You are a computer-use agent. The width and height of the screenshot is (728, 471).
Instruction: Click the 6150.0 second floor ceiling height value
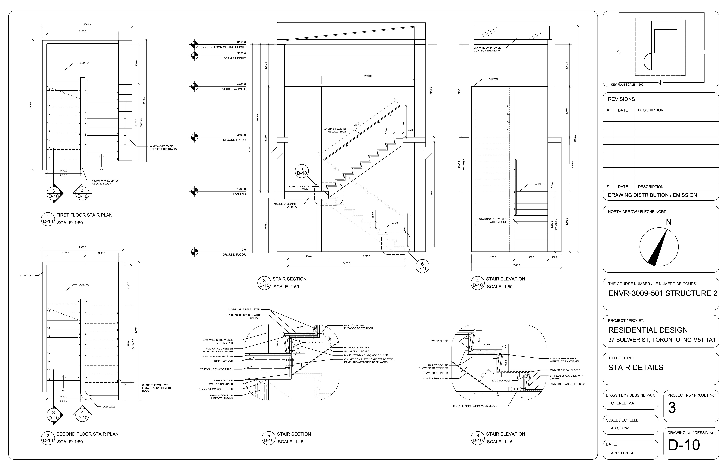coord(241,42)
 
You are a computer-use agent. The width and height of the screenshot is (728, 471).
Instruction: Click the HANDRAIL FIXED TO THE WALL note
coord(334,130)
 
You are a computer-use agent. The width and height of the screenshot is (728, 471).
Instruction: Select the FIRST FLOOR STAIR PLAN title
coord(84,215)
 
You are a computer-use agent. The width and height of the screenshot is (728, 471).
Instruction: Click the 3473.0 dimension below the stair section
coord(346,263)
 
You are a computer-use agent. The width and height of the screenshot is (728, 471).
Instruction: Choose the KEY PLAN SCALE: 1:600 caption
coord(627,85)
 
